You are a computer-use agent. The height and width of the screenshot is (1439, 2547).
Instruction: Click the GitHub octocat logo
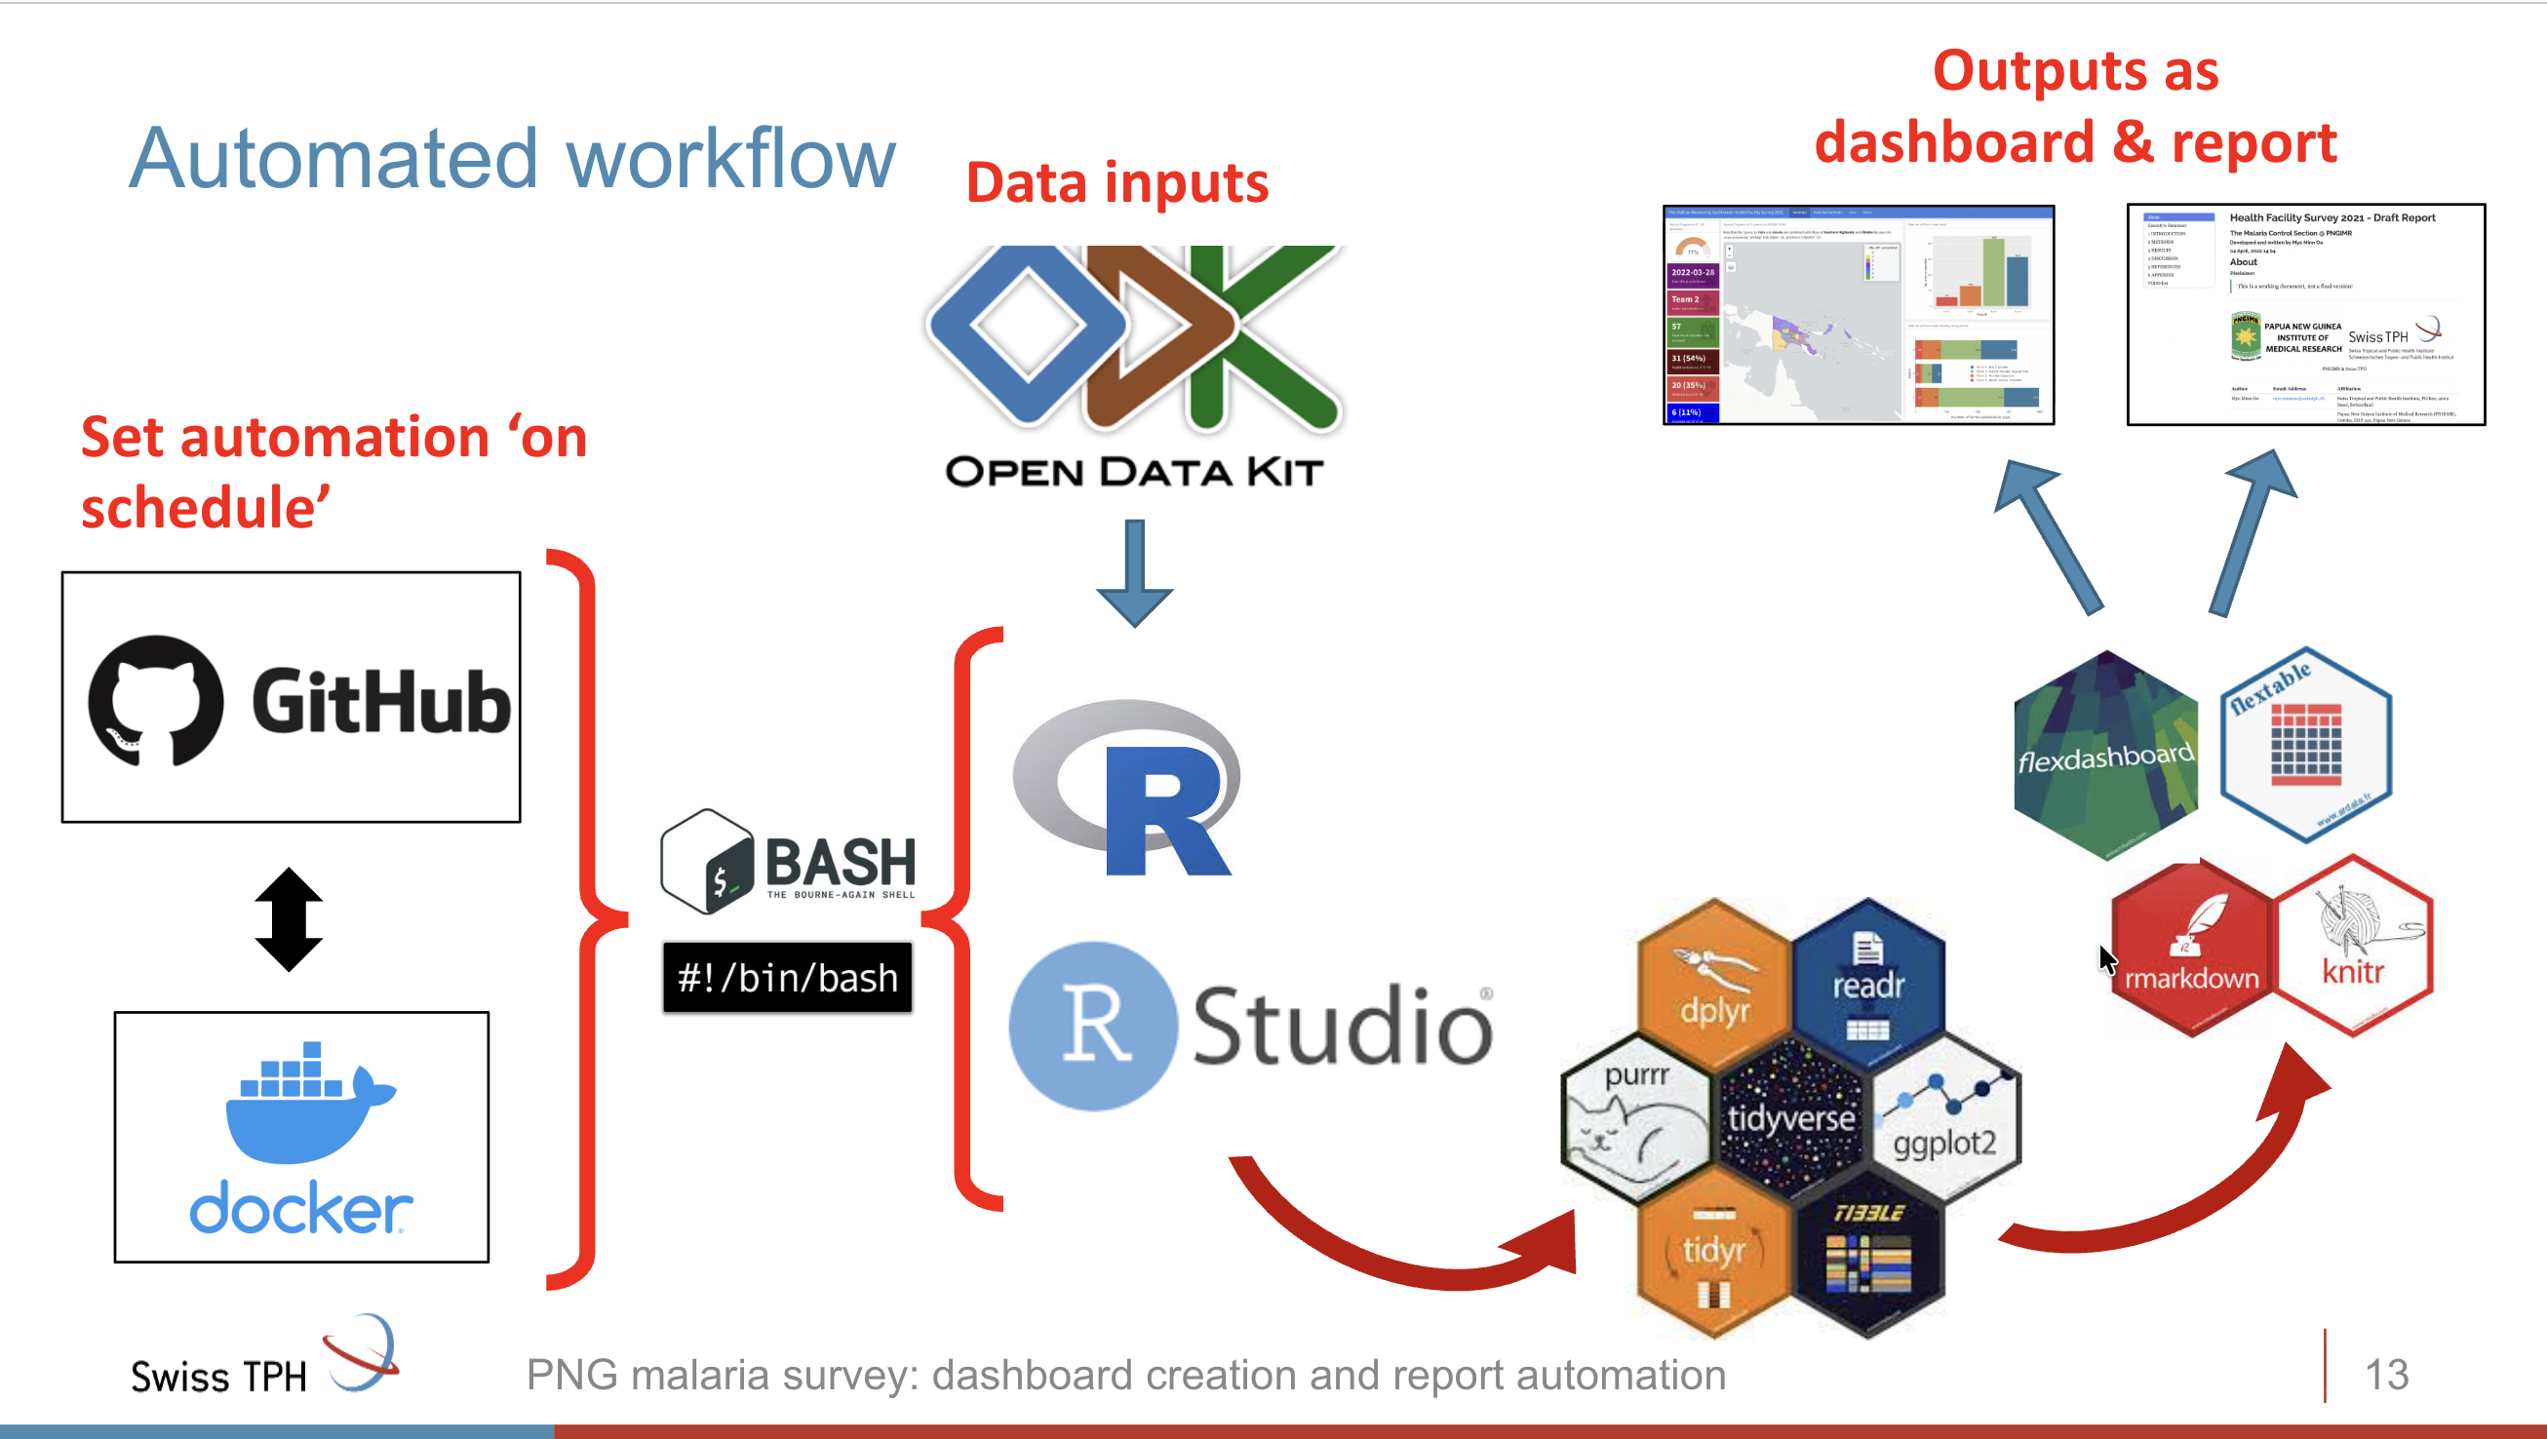tap(155, 700)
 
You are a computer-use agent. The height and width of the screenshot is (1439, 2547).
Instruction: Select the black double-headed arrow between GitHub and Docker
tap(289, 919)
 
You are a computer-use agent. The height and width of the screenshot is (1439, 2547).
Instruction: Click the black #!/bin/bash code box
tap(787, 978)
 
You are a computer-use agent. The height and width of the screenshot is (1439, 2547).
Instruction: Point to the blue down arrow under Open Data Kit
tap(1134, 572)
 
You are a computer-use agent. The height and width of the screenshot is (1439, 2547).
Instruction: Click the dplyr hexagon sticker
tap(1713, 973)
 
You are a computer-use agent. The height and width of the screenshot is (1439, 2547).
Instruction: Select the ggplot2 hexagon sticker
tap(1943, 1117)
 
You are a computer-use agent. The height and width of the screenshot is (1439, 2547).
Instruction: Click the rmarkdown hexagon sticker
tap(2191, 949)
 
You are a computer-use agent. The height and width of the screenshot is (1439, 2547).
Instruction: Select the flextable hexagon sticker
tap(2305, 744)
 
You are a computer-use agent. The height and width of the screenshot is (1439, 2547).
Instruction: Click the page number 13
tap(2386, 1374)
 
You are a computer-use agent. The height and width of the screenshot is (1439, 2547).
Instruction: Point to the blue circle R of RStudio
tap(1092, 1026)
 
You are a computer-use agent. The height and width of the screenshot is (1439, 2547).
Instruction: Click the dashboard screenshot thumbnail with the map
tap(1858, 314)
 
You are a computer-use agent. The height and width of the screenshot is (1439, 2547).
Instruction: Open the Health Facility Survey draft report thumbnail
tap(2305, 314)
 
